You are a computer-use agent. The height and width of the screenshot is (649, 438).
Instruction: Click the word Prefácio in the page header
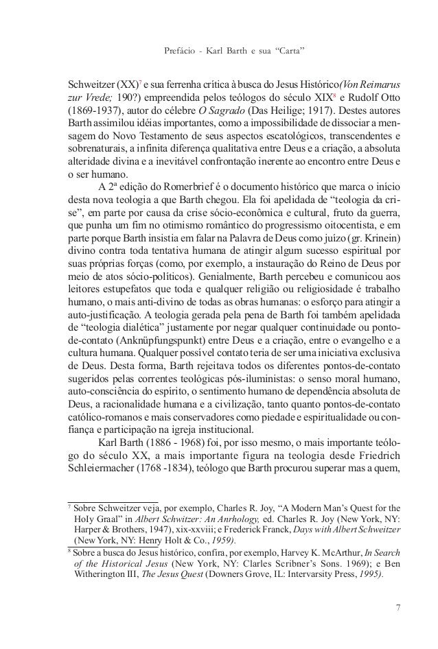tap(182, 51)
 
